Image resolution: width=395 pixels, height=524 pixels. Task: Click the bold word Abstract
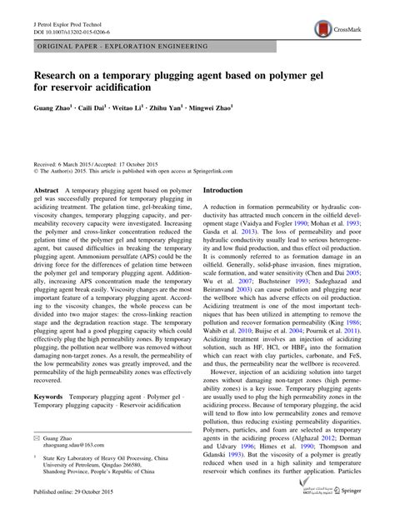pos(46,191)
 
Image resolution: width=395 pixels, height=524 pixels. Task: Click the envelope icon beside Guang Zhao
pos(37,436)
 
